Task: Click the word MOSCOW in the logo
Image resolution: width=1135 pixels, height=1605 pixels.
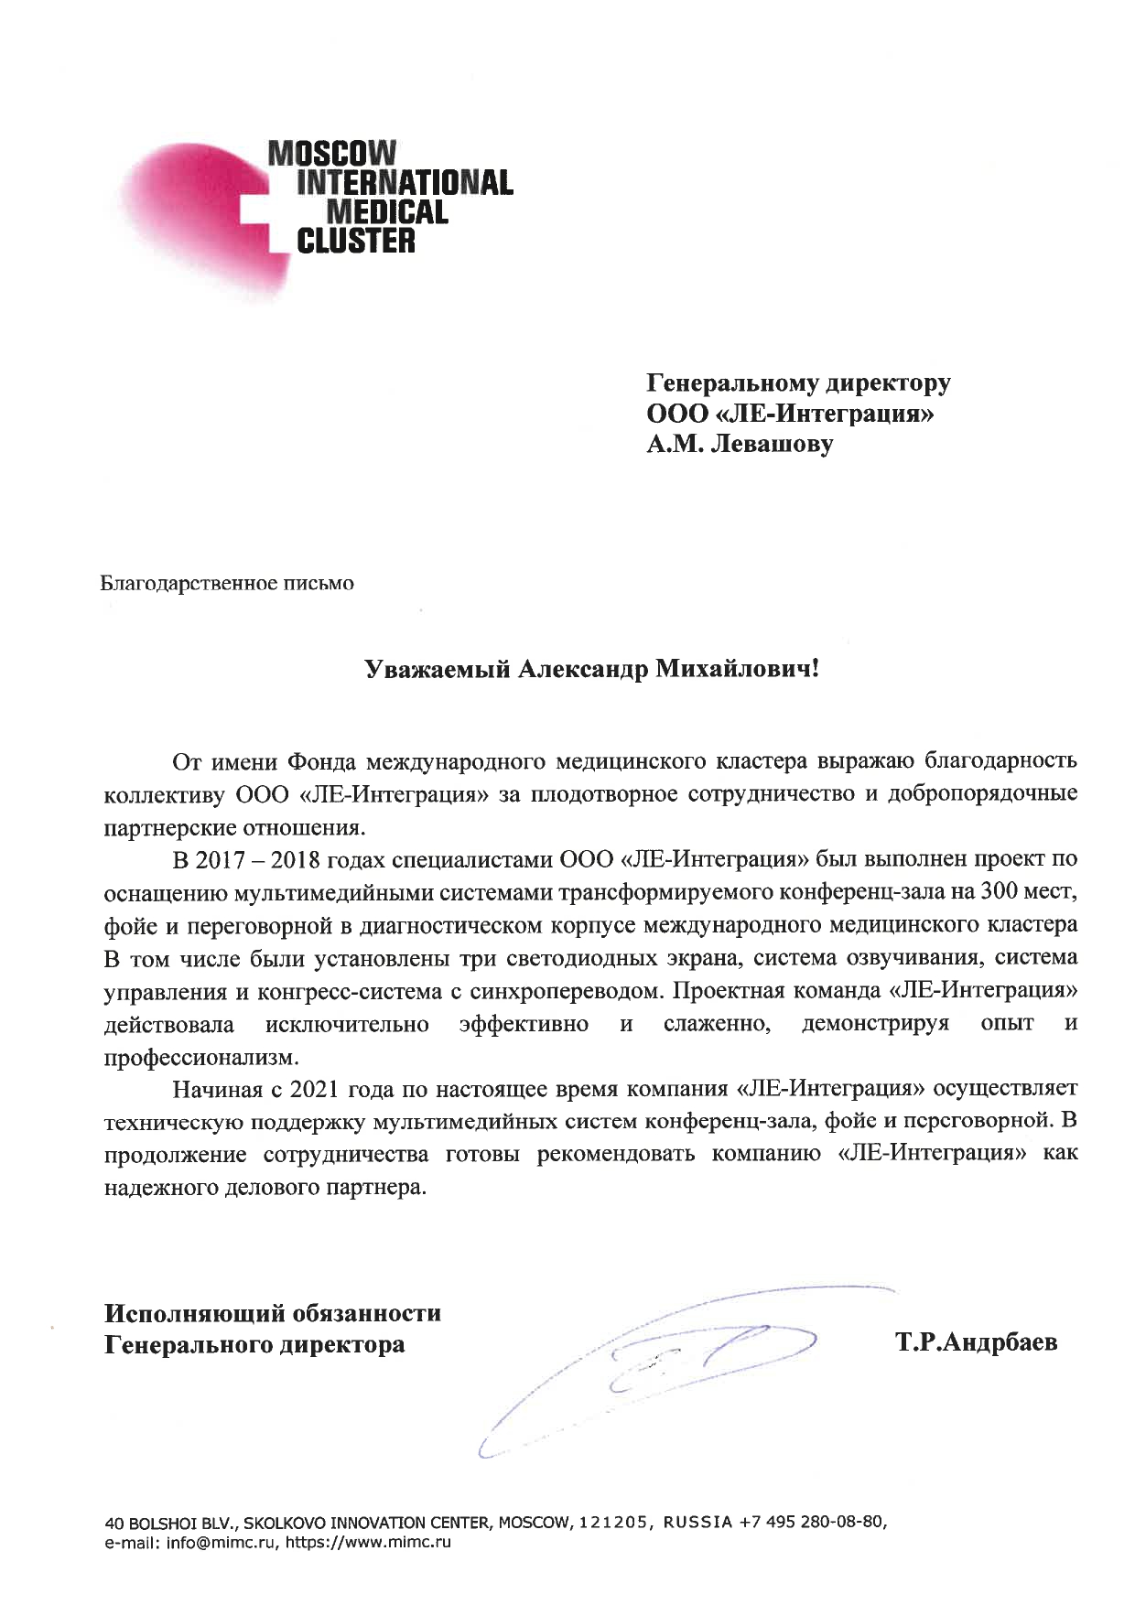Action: pos(331,153)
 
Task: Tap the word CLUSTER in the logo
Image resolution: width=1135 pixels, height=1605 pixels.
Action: pos(358,242)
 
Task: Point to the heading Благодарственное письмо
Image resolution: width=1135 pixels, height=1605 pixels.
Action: pos(226,583)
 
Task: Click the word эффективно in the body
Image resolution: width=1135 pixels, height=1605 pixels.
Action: pos(524,1023)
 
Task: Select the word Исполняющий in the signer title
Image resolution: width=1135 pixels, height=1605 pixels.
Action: pos(193,1313)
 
